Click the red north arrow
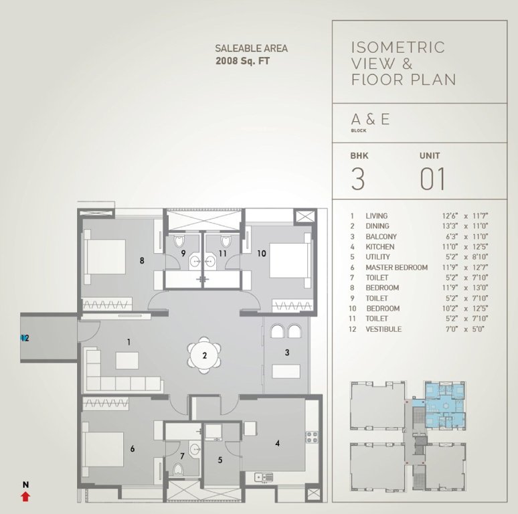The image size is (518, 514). [25, 496]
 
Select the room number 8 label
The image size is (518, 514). [141, 261]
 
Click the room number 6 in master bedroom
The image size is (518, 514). [133, 449]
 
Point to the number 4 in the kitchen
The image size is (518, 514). [276, 442]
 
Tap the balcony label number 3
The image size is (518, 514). [286, 352]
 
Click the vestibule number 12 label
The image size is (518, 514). [25, 338]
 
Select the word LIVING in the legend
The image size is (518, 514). [376, 216]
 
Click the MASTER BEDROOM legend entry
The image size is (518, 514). [396, 268]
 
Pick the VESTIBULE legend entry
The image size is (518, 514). [383, 329]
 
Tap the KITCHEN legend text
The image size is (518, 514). [379, 247]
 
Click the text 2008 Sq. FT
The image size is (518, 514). [243, 61]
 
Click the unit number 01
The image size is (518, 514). [432, 179]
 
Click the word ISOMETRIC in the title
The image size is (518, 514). [398, 48]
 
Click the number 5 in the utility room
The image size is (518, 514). [220, 460]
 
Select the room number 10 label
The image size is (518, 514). [261, 253]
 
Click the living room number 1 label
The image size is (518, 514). [128, 341]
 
